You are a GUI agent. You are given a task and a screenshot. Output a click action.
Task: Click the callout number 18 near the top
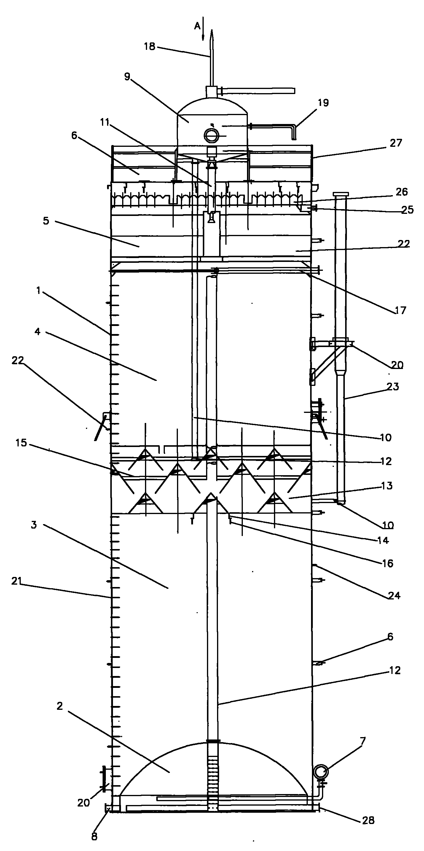click(x=149, y=47)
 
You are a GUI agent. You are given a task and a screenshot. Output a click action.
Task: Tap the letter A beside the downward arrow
click(x=197, y=26)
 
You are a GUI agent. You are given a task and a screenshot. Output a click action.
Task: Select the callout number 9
click(x=127, y=77)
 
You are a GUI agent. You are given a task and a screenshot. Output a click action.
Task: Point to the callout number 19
click(x=323, y=103)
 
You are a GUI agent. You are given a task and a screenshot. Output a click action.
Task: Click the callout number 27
click(x=396, y=143)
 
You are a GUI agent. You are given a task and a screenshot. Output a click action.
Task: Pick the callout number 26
click(x=401, y=192)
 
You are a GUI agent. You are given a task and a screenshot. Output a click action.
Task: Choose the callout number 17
click(x=400, y=310)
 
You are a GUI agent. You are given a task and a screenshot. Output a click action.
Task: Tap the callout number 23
click(x=393, y=386)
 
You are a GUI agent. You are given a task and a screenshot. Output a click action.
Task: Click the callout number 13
click(x=387, y=486)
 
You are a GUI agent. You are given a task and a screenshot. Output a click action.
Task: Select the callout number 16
click(x=388, y=563)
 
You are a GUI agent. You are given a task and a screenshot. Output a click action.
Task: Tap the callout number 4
click(x=37, y=331)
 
